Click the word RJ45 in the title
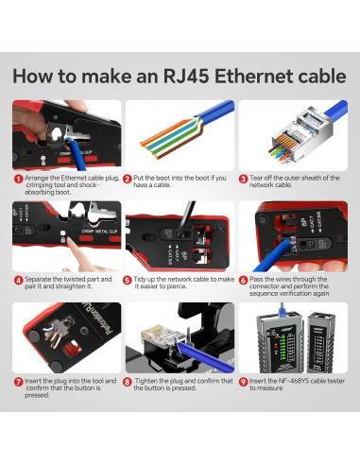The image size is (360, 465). pyautogui.click(x=186, y=77)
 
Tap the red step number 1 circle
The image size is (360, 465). pyautogui.click(x=18, y=179)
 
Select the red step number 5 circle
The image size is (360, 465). pyautogui.click(x=127, y=280)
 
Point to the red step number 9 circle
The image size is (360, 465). pyautogui.click(x=243, y=382)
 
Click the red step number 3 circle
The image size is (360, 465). pyautogui.click(x=243, y=179)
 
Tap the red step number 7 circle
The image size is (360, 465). pyautogui.click(x=18, y=382)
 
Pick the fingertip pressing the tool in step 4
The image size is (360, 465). pyautogui.click(x=71, y=244)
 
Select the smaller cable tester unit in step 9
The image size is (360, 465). pyautogui.click(x=320, y=342)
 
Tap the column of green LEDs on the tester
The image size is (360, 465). pyautogui.click(x=283, y=346)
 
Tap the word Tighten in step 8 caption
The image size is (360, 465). pyautogui.click(x=146, y=381)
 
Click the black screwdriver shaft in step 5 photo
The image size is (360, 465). pyautogui.click(x=186, y=218)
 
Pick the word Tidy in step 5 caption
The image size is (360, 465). pyautogui.click(x=140, y=280)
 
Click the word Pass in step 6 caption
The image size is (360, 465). pyautogui.click(x=256, y=280)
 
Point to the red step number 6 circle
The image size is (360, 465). pyautogui.click(x=243, y=280)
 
